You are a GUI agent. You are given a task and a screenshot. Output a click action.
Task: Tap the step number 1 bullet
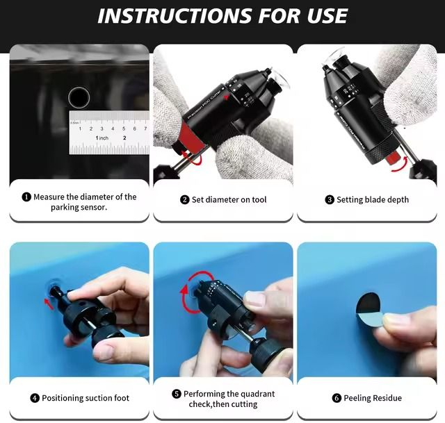tap(26, 197)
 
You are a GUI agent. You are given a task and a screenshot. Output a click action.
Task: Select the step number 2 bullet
tap(184, 199)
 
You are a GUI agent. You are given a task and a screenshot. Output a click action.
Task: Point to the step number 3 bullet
tap(330, 199)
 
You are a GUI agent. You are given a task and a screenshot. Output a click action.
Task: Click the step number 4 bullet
tap(35, 398)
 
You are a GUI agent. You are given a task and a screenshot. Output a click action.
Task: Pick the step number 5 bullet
tap(176, 394)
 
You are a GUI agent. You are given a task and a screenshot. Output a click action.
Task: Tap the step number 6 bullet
tap(337, 398)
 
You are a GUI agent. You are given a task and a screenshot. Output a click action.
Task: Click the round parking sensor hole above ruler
tap(79, 97)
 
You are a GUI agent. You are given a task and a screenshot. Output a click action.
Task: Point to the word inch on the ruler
tap(104, 138)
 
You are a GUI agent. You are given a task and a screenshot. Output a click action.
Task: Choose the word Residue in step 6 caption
tap(387, 398)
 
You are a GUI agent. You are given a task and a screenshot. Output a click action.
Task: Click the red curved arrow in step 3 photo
tap(401, 165)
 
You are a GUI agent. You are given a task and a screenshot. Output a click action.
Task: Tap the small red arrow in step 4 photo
tap(49, 304)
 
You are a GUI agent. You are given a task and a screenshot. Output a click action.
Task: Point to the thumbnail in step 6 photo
tap(396, 321)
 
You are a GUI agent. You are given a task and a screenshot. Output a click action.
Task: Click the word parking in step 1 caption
tap(65, 208)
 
